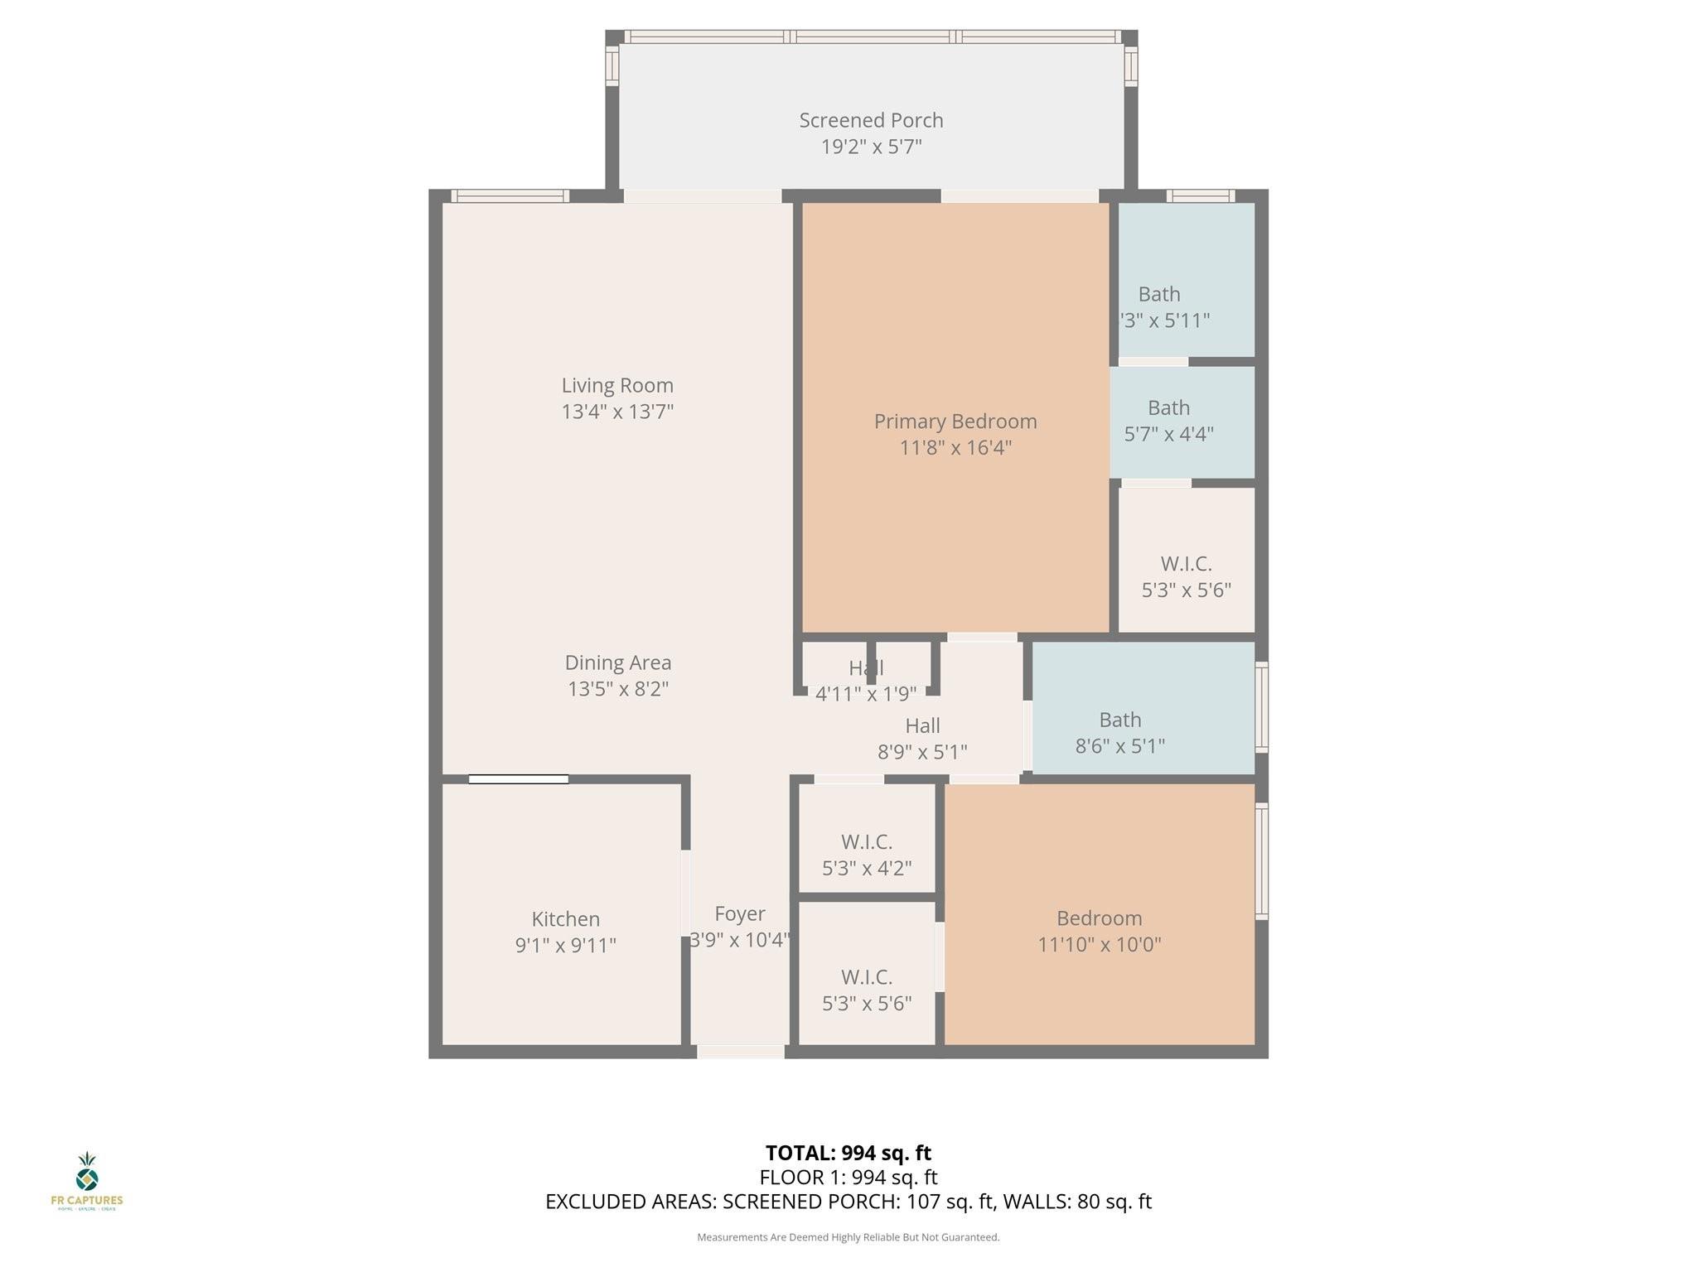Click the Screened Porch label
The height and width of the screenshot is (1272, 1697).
[871, 121]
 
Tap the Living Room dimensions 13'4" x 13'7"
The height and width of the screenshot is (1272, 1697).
[617, 412]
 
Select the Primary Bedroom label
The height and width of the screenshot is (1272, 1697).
[955, 422]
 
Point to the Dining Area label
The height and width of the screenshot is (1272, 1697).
[617, 662]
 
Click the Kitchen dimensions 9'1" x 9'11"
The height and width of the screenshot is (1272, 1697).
[565, 945]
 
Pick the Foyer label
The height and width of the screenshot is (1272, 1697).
[739, 913]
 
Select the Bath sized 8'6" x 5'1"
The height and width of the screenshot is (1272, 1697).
[1120, 732]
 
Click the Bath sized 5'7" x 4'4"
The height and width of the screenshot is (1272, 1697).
[1168, 420]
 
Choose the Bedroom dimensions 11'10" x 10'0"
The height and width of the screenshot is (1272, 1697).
[1099, 944]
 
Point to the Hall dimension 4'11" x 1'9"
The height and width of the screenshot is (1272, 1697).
[866, 694]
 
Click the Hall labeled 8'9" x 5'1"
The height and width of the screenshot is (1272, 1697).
[922, 738]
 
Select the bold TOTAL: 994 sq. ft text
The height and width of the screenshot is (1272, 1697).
[848, 1153]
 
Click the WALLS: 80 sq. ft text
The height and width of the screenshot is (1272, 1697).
[1077, 1202]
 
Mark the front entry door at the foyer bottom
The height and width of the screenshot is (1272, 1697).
[740, 1052]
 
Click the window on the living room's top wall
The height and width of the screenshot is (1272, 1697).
[510, 196]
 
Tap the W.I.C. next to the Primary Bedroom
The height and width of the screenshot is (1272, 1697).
[1186, 576]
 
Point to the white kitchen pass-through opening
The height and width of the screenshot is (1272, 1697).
[519, 779]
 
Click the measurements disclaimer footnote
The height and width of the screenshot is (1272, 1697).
[848, 1237]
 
